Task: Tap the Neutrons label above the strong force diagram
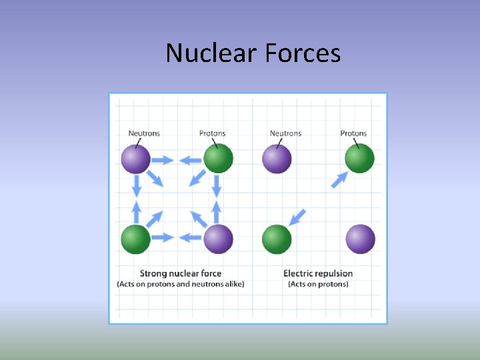[144, 133]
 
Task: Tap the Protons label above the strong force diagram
[213, 133]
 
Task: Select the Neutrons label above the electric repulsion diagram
[285, 133]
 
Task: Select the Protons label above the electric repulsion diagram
[353, 133]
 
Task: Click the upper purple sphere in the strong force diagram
[136, 159]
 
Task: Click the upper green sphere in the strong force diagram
[218, 159]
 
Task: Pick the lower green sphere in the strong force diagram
[136, 239]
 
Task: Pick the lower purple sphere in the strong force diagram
[218, 239]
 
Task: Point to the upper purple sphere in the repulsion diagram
[277, 159]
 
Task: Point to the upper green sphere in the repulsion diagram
[359, 159]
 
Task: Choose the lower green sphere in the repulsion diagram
[277, 239]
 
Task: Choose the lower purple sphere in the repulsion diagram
[360, 239]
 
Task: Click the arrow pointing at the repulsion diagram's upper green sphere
[340, 179]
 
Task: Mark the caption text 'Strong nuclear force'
[181, 273]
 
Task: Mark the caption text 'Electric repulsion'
[318, 273]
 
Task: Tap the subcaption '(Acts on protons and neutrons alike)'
[181, 284]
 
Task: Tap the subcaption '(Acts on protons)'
[318, 284]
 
